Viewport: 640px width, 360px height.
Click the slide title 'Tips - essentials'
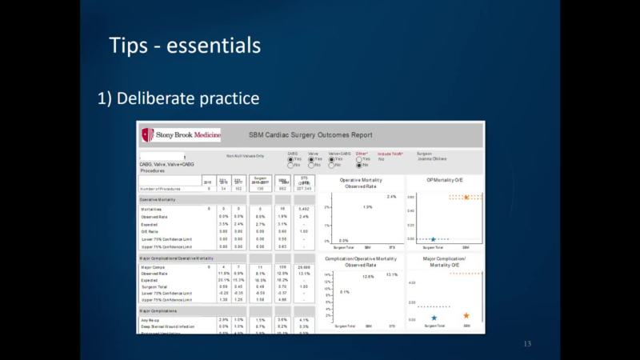[x=184, y=44]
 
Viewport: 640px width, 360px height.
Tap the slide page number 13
[x=527, y=344]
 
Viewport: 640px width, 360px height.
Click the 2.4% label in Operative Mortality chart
[x=391, y=196]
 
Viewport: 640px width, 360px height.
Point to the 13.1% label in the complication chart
[x=392, y=274]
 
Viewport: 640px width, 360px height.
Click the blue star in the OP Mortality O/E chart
[x=433, y=239]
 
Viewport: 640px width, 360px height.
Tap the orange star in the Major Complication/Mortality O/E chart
[x=466, y=317]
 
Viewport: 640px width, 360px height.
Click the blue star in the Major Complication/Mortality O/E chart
[x=434, y=318]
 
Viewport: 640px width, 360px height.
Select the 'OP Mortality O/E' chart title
[x=446, y=181]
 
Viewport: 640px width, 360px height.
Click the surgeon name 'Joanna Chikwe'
[x=433, y=159]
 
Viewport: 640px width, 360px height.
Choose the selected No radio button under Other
[x=358, y=165]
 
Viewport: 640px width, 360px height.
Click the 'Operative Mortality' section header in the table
[x=159, y=198]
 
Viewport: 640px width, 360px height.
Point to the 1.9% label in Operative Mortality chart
[x=367, y=207]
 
